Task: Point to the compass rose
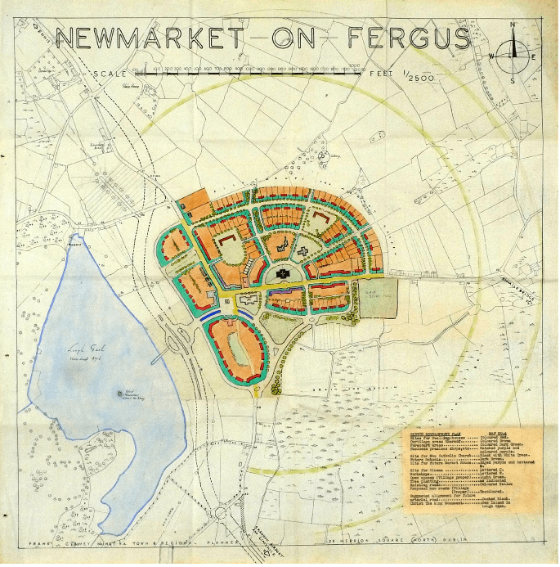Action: click(x=513, y=55)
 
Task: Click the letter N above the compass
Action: click(x=513, y=25)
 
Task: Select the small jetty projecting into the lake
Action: click(x=168, y=347)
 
